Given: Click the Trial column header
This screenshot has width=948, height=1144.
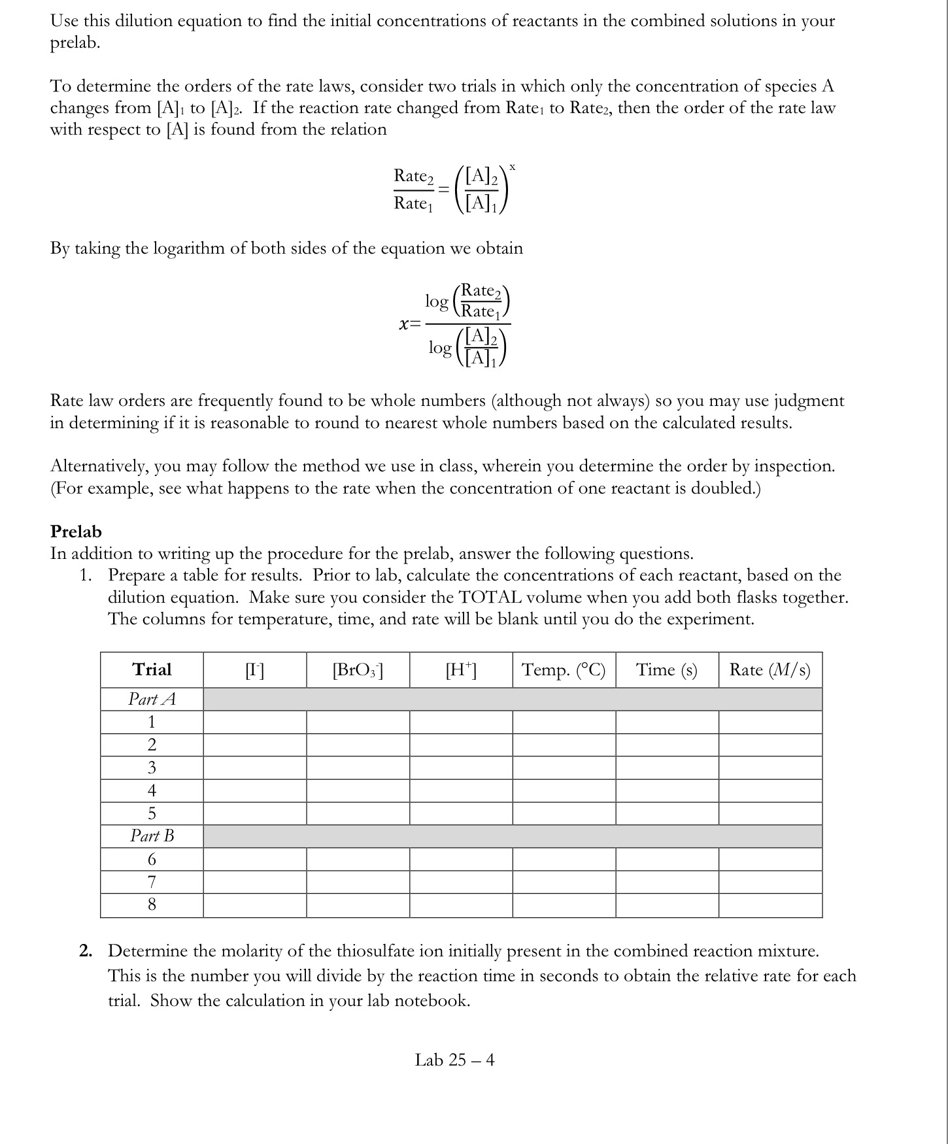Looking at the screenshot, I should tap(152, 669).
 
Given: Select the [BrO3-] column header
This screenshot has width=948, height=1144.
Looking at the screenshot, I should tap(358, 669).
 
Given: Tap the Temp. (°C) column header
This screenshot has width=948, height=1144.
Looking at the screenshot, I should tap(564, 669).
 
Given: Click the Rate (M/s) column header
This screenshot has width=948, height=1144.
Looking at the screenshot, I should tap(770, 669).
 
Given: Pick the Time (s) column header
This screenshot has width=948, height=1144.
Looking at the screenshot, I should tap(667, 669).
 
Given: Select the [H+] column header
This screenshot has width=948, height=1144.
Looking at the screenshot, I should tap(461, 669).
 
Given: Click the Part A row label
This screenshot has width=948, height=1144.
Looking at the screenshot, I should tap(152, 699).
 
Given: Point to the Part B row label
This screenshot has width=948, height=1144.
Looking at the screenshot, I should tap(152, 835).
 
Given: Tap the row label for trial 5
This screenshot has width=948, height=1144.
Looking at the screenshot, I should tap(152, 813).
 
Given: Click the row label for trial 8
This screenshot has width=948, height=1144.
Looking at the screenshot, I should tap(152, 905).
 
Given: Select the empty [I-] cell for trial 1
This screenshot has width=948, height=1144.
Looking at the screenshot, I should tap(255, 722).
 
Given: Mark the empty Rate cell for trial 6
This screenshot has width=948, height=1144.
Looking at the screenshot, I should tap(770, 859).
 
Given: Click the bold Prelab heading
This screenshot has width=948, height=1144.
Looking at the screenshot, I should tap(76, 531).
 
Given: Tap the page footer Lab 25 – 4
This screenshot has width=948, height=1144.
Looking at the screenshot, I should tap(454, 1060).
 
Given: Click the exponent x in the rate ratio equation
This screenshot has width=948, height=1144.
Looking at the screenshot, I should tap(513, 167).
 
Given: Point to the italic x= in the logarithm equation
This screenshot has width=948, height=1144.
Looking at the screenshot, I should tap(410, 324).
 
